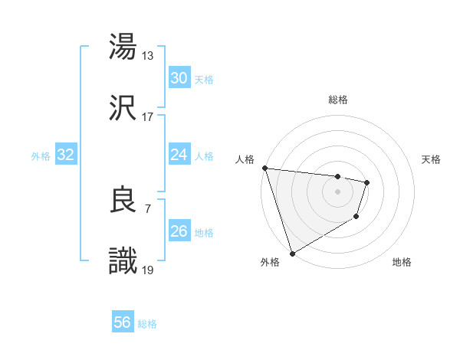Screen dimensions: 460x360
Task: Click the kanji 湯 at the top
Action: [x=123, y=47]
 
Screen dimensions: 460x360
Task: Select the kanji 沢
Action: [x=123, y=108]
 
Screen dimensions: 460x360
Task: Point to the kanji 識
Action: [x=123, y=261]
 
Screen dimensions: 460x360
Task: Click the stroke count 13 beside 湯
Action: [x=148, y=55]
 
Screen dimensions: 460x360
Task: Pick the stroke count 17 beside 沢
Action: [x=148, y=116]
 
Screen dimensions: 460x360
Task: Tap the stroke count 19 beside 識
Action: [x=148, y=270]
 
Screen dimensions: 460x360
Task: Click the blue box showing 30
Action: [x=179, y=78]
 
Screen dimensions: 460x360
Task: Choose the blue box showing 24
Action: [x=179, y=155]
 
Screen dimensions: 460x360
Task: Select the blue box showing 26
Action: [x=179, y=231]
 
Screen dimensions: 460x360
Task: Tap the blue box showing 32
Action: [x=66, y=155]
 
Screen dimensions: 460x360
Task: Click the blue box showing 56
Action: [x=123, y=323]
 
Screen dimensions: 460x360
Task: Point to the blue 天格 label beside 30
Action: [x=203, y=79]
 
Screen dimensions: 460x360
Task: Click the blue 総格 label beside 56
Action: [x=147, y=324]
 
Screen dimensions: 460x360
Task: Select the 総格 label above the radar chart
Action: [x=338, y=100]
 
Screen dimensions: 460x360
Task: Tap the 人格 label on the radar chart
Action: [x=243, y=159]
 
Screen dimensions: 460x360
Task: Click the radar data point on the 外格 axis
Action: [x=291, y=253]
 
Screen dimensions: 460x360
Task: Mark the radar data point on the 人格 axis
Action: [x=264, y=168]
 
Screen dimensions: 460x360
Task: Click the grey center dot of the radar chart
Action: [x=337, y=191]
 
